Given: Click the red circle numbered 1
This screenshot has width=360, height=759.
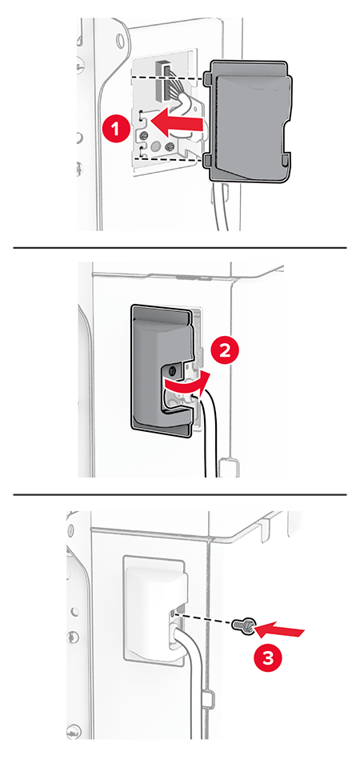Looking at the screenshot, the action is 116,130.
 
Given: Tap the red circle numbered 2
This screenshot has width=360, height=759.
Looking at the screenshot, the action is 225,352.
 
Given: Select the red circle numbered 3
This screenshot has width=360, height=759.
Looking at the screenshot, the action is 268,658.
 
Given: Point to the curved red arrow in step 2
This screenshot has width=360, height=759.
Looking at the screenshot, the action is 186,383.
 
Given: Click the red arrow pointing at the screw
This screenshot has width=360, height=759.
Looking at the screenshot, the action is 280,631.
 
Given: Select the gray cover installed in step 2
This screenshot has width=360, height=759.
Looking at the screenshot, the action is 163,368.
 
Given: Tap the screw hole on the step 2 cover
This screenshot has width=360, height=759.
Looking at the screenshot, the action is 172,371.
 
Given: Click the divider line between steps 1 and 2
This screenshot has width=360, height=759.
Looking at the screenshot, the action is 180,248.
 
